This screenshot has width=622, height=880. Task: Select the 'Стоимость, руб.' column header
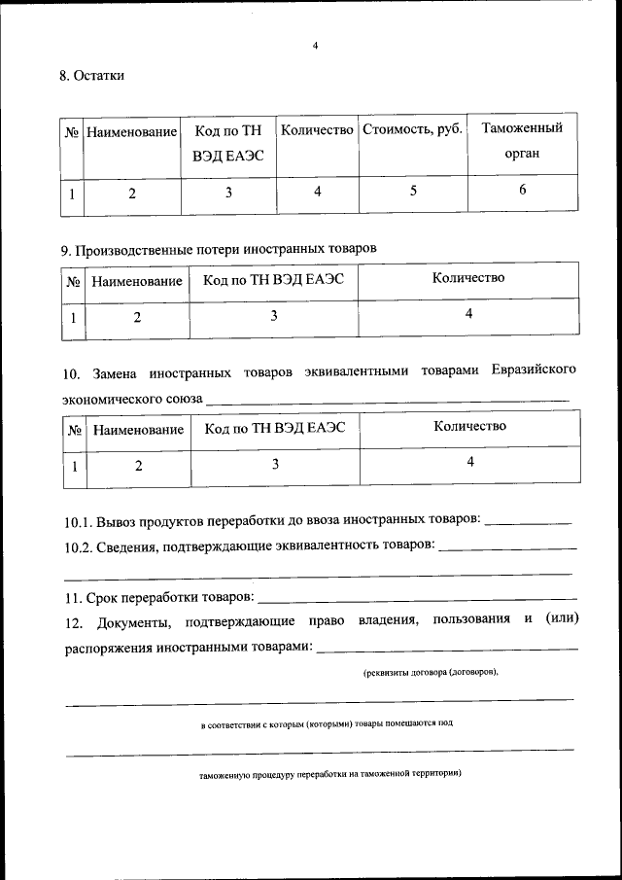(x=413, y=129)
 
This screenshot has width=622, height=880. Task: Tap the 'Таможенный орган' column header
(x=522, y=141)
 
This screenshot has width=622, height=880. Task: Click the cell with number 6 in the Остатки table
(x=522, y=191)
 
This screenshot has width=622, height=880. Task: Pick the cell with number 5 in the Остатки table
(x=413, y=192)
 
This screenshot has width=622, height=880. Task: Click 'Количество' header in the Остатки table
(x=316, y=129)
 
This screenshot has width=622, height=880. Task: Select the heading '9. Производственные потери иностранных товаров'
(x=218, y=249)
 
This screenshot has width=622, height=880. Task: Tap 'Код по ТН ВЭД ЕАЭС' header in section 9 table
(x=273, y=280)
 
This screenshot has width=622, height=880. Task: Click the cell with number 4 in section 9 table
(x=468, y=314)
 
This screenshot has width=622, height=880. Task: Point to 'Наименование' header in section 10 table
(x=138, y=429)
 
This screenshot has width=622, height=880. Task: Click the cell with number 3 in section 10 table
(x=275, y=465)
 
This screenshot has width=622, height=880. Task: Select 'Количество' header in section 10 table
(x=469, y=426)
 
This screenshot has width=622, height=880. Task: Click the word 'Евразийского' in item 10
(x=534, y=371)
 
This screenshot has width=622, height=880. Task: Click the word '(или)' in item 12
(x=561, y=620)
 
